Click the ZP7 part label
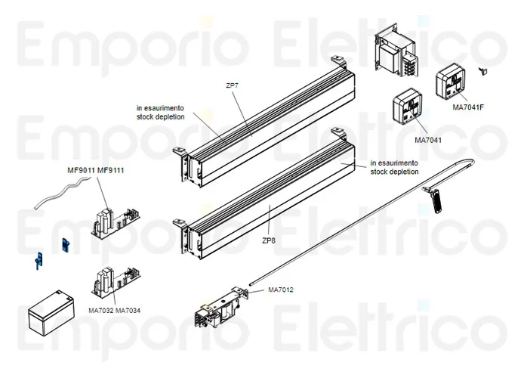click(x=232, y=86)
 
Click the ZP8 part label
click(x=268, y=240)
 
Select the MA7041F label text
click(x=467, y=107)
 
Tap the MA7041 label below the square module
click(x=428, y=140)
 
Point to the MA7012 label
click(x=281, y=290)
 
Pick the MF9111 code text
click(x=110, y=170)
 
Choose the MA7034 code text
click(x=128, y=311)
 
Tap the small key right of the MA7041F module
click(x=485, y=71)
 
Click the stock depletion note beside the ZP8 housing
click(x=394, y=168)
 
